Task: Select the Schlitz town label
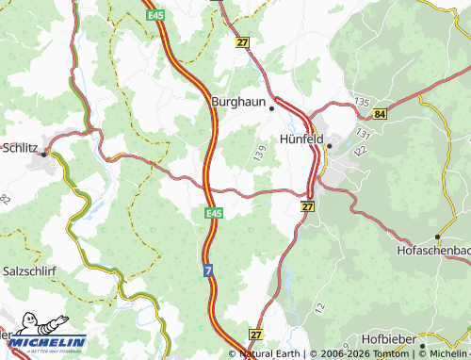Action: pyautogui.click(x=20, y=148)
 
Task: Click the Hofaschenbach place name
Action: pyautogui.click(x=433, y=252)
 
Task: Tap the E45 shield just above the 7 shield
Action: pyautogui.click(x=213, y=216)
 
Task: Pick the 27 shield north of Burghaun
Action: pyautogui.click(x=242, y=41)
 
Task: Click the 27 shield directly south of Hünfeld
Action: pyautogui.click(x=307, y=205)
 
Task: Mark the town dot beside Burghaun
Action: pyautogui.click(x=271, y=107)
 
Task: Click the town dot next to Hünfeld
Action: pyautogui.click(x=330, y=145)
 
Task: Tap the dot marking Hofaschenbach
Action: pyautogui.click(x=437, y=236)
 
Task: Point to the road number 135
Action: pyautogui.click(x=361, y=99)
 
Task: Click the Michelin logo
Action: pyautogui.click(x=46, y=340)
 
